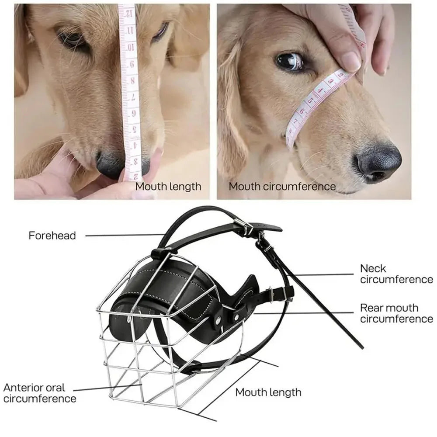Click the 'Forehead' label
pyautogui.click(x=52, y=236)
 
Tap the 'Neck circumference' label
pyautogui.click(x=397, y=274)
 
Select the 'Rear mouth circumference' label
pyautogui.click(x=397, y=313)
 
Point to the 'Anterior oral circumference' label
pyautogui.click(x=40, y=393)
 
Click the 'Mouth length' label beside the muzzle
pyautogui.click(x=268, y=392)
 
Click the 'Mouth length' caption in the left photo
pyautogui.click(x=168, y=187)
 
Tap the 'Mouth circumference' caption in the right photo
pyautogui.click(x=282, y=187)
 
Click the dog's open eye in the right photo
pyautogui.click(x=290, y=60)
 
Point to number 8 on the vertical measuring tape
pyautogui.click(x=132, y=81)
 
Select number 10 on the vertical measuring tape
pyautogui.click(x=131, y=47)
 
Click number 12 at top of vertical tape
pyautogui.click(x=129, y=14)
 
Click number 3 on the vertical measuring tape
pyautogui.click(x=136, y=161)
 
